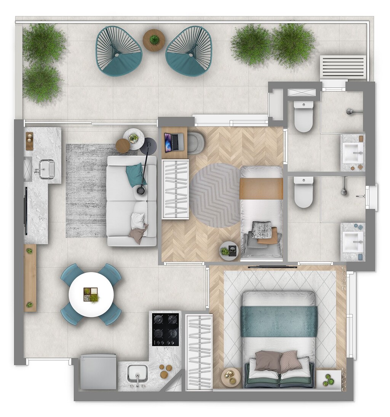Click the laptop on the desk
[174, 142]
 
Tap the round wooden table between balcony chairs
[154, 40]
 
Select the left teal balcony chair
[118, 51]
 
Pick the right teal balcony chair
[189, 51]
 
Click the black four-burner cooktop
[165, 329]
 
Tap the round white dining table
[91, 294]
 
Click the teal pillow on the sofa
[135, 174]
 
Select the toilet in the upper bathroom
[304, 116]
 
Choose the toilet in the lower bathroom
[304, 192]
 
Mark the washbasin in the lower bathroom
[353, 241]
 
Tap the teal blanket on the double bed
[279, 321]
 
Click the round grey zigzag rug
[215, 195]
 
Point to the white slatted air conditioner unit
[343, 67]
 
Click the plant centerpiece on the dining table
[91, 294]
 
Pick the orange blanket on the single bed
[261, 189]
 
